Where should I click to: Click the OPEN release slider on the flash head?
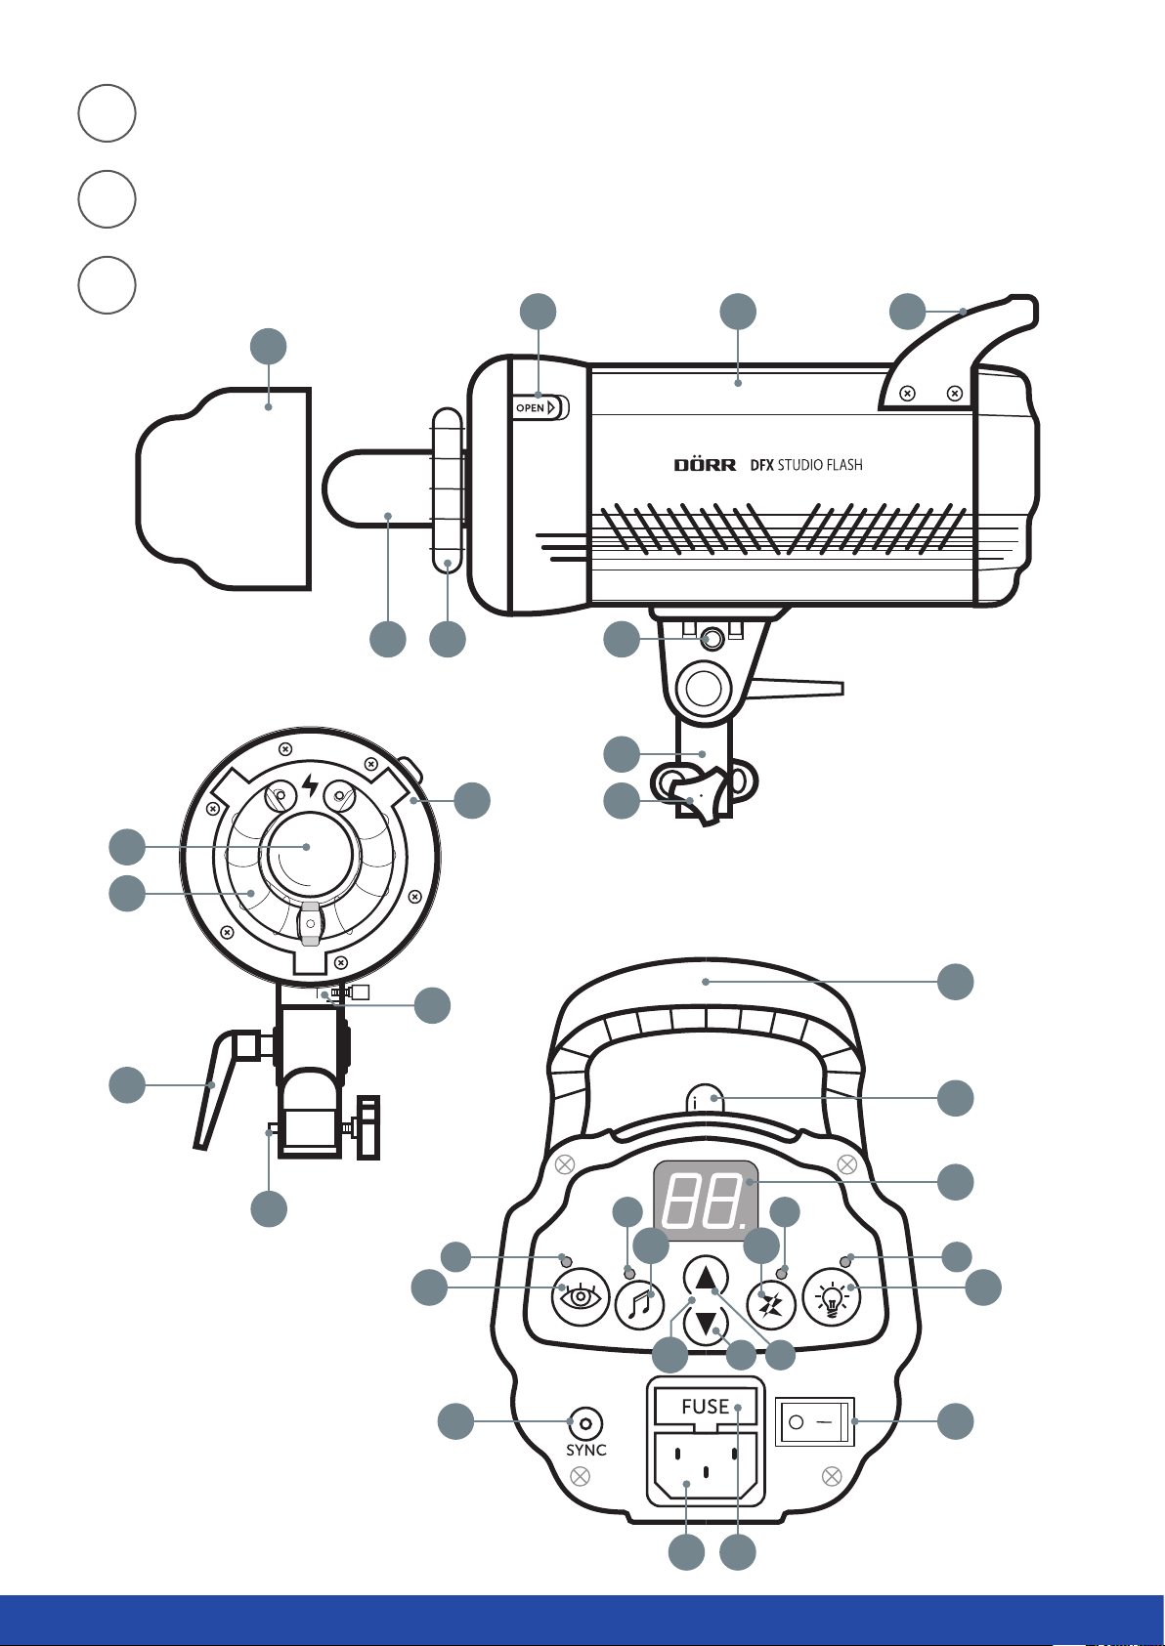[x=540, y=407]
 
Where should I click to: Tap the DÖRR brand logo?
[x=705, y=464]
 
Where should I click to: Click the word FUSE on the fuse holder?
[x=705, y=1406]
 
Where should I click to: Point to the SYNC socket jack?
[x=585, y=1423]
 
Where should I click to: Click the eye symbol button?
[x=581, y=1297]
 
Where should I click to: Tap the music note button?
[x=639, y=1305]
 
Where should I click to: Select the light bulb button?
[x=832, y=1297]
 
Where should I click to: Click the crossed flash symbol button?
[x=771, y=1305]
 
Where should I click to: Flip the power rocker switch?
[x=814, y=1421]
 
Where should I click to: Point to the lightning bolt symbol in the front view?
[x=310, y=785]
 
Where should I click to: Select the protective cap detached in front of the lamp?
[x=224, y=488]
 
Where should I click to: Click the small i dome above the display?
[x=706, y=1100]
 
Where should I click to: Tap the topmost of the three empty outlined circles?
[x=107, y=113]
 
